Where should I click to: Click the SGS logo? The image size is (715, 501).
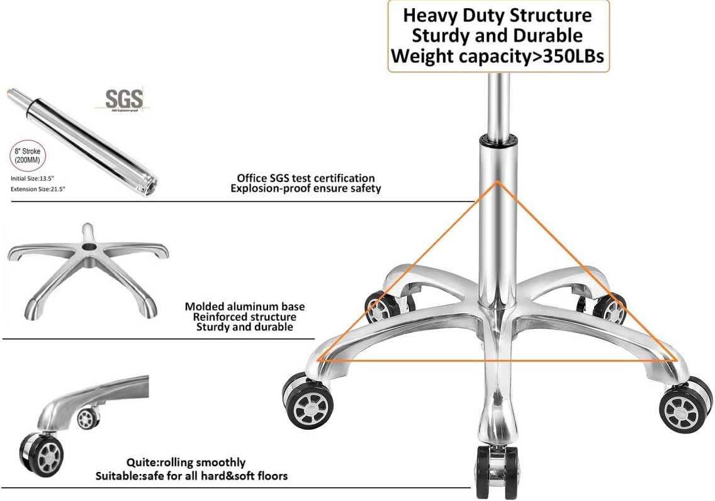pos(124,99)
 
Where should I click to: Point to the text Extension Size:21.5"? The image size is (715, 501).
pos(38,188)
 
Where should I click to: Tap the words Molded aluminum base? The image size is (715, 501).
pos(245,307)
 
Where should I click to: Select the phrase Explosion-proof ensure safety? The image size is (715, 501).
pos(305,188)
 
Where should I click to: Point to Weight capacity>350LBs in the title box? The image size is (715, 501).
pos(498,56)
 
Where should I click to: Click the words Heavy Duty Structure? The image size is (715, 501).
pos(498,14)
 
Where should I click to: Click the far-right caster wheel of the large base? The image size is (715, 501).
pos(685,406)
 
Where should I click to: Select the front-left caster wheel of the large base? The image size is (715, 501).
pos(308,404)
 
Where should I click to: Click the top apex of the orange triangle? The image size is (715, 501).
pos(498,182)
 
